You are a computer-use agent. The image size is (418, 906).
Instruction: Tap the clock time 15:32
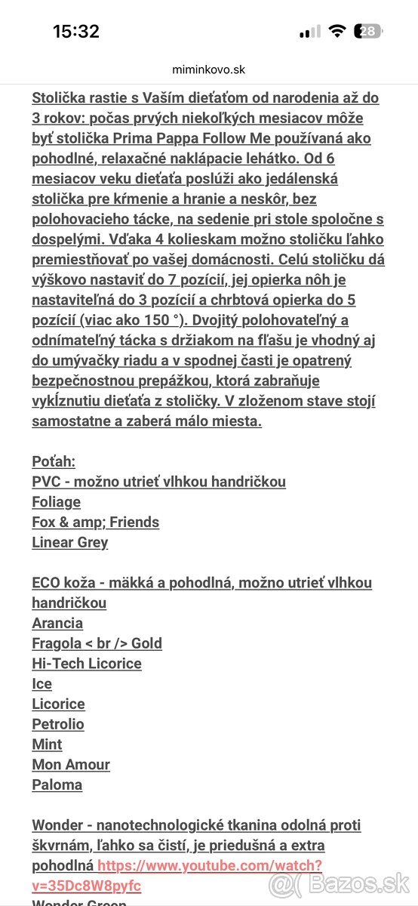75,31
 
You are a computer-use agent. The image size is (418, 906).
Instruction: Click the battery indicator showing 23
369,31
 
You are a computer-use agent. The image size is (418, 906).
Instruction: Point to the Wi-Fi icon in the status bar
337,31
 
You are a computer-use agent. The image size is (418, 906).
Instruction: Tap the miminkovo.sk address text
209,69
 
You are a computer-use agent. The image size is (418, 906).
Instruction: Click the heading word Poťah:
54,461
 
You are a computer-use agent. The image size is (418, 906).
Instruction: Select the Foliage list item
56,501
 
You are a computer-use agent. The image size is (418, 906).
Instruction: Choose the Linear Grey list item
69,542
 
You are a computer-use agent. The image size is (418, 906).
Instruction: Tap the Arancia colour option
57,623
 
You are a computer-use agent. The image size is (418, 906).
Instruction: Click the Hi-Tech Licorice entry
86,664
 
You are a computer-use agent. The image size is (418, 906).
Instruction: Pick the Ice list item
41,683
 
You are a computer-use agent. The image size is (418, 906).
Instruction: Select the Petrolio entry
57,724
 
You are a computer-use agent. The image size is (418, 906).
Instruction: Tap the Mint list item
47,744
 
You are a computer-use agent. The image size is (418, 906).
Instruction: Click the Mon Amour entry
71,764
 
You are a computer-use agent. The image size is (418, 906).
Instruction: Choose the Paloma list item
57,784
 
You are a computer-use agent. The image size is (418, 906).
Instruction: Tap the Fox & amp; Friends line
95,522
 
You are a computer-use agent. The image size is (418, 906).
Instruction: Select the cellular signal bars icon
309,32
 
